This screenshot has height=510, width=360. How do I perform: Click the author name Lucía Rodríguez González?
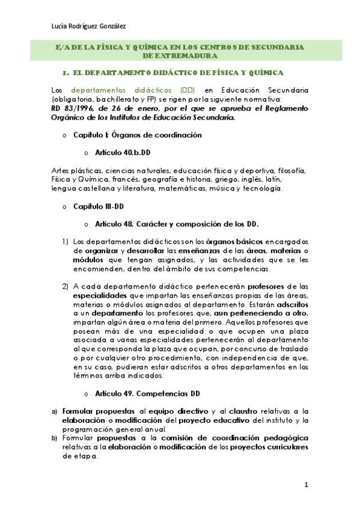click(x=90, y=26)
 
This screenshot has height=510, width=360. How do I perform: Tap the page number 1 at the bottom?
click(x=306, y=484)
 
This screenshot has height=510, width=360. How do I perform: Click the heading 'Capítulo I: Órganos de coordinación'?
click(x=137, y=135)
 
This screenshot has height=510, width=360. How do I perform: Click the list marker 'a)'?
click(x=55, y=411)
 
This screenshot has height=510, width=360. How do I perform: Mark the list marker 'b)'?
click(x=55, y=438)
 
